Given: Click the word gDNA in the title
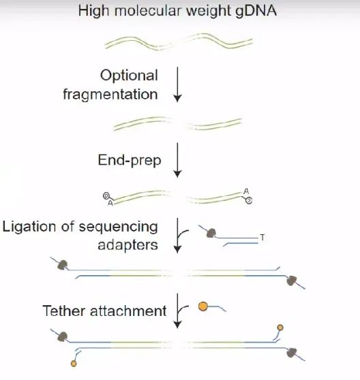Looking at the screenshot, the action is pos(256,12).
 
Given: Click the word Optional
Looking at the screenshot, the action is pos(129,76).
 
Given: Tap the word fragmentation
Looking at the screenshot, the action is pos(110,94).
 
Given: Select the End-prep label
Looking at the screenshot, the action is pos(130,161).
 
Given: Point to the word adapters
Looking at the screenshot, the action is pos(128,245).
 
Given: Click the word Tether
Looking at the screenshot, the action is pos(64,311).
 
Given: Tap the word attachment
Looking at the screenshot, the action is pos(128,311).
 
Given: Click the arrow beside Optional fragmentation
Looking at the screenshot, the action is pos(177,84).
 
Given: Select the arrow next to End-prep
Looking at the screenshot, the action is pos(177,160).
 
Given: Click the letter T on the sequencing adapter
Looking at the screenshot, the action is pos(262,238).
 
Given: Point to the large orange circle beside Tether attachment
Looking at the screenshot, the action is pos(202,306).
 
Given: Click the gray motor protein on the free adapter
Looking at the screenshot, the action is pos(211,233).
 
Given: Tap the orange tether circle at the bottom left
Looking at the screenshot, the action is pos(74,364).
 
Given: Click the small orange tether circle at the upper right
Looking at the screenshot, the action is pos(280,328).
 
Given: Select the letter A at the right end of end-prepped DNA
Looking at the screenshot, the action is pos(246,191).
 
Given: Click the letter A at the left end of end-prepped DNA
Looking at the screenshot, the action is pos(110,203).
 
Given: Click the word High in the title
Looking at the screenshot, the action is pos(93,12).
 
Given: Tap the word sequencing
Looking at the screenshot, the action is pos(119,227).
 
